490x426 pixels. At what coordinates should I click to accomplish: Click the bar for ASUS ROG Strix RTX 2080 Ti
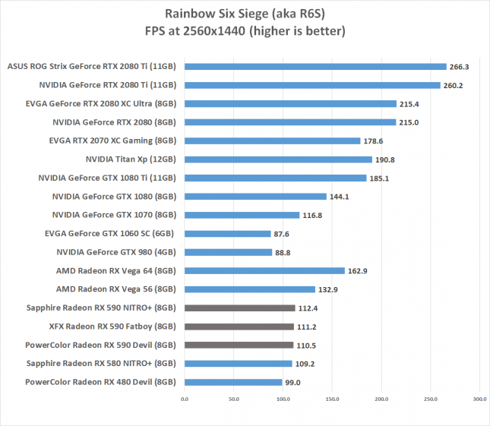pyautogui.click(x=315, y=67)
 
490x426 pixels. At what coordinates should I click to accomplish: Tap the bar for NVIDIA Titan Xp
pyautogui.click(x=277, y=159)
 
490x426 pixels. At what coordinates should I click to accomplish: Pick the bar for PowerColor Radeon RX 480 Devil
pyautogui.click(x=232, y=382)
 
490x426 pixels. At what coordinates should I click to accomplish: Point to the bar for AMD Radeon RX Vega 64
pyautogui.click(x=264, y=270)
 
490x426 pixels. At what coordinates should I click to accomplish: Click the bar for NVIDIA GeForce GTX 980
pyautogui.click(x=227, y=252)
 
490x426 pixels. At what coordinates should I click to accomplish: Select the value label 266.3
pyautogui.click(x=460, y=67)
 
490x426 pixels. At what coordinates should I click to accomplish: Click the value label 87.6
pyautogui.click(x=284, y=234)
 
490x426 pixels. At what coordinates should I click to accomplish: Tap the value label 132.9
pyautogui.click(x=329, y=289)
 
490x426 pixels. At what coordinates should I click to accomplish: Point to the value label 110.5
pyautogui.click(x=307, y=345)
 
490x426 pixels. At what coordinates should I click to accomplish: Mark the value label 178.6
pyautogui.click(x=374, y=141)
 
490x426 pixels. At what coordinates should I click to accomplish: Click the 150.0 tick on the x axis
pyautogui.click(x=331, y=397)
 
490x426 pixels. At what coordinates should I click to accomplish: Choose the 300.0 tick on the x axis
pyautogui.click(x=479, y=397)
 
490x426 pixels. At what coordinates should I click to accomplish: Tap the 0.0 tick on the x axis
pyautogui.click(x=184, y=397)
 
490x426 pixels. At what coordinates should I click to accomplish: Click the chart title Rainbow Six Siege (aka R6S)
pyautogui.click(x=244, y=14)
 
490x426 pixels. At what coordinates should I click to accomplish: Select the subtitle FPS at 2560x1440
pyautogui.click(x=244, y=31)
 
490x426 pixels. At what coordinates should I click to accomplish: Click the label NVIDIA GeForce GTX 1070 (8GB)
pyautogui.click(x=114, y=215)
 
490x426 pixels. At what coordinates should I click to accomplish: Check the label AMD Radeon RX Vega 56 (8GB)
pyautogui.click(x=116, y=289)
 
